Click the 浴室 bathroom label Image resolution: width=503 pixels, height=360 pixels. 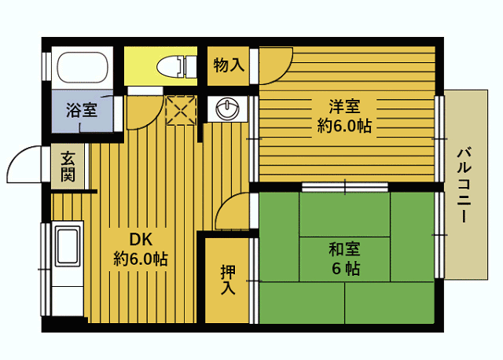(x=81, y=110)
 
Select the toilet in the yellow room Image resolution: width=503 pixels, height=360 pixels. (x=176, y=66)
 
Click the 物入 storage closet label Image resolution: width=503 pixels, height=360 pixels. (x=229, y=66)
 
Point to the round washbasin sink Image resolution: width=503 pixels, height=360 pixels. (x=227, y=108)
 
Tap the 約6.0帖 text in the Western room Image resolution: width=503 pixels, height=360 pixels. (x=344, y=126)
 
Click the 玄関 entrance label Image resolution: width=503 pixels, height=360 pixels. (x=68, y=166)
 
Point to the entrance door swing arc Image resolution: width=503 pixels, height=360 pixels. (x=27, y=165)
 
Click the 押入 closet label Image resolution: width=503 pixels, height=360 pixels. (x=227, y=280)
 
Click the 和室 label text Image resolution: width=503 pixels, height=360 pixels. (x=344, y=250)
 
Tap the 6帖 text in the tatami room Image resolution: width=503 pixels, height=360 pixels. (x=344, y=269)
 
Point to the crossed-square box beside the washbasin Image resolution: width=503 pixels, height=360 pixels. (x=182, y=109)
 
